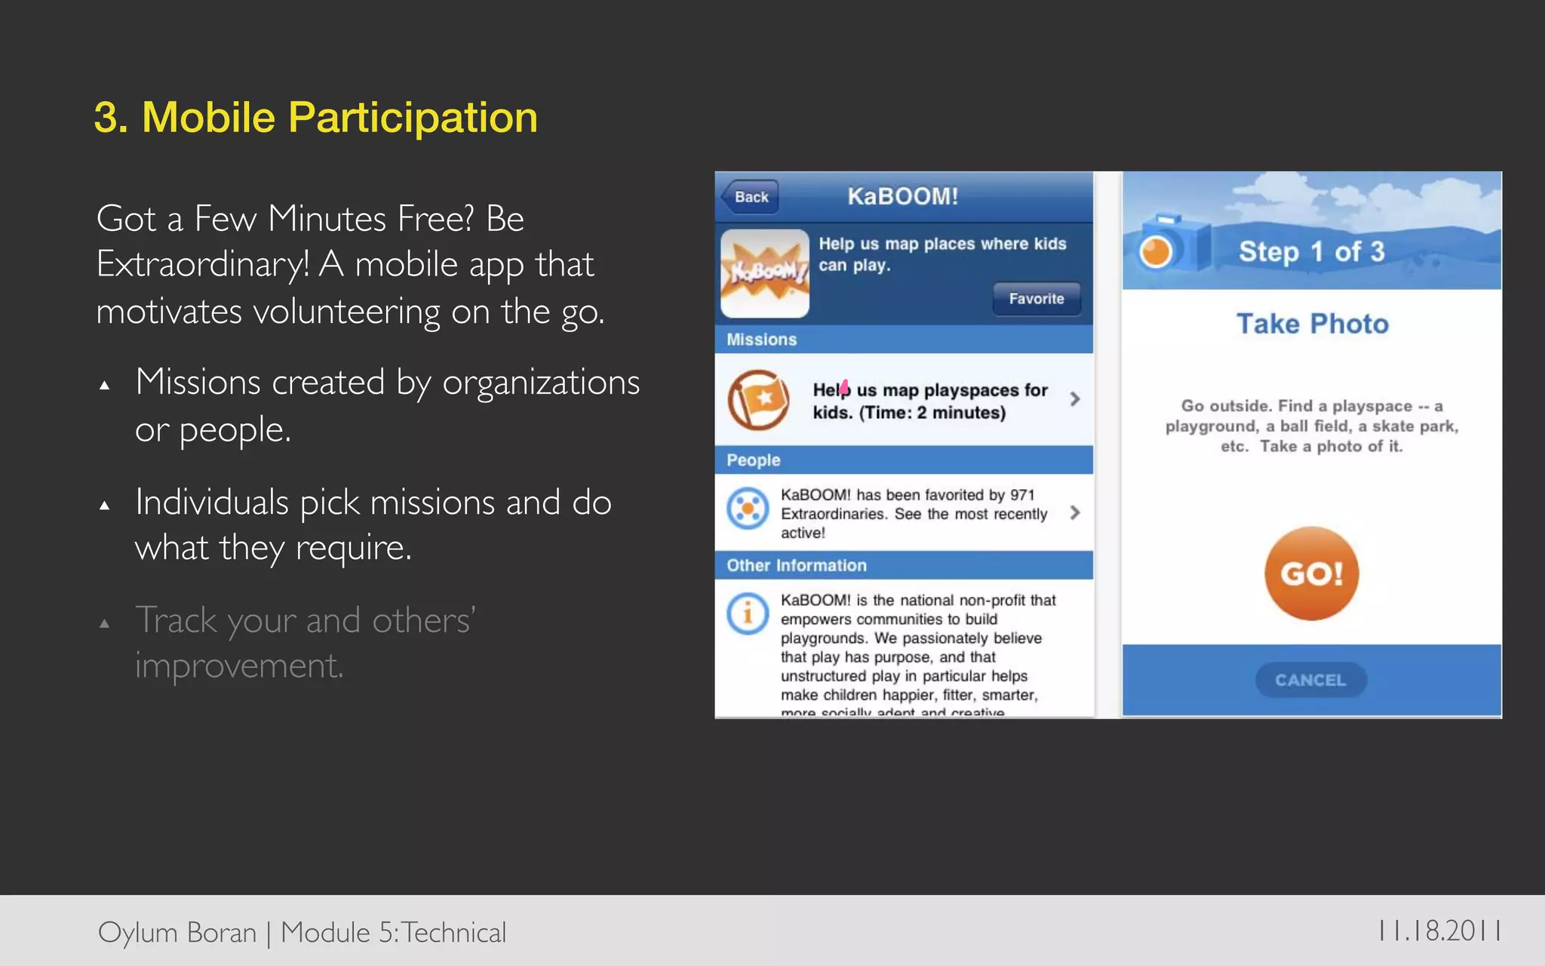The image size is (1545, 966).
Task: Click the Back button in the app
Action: pos(750,197)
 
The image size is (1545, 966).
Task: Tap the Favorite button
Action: pos(1037,299)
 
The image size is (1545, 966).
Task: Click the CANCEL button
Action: pos(1310,680)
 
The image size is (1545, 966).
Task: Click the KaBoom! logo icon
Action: pos(765,273)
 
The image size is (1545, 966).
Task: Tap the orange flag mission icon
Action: pos(758,399)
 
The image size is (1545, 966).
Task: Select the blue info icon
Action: pos(748,613)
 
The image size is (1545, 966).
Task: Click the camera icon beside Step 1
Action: pos(1166,245)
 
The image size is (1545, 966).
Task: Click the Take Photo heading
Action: pos(1312,324)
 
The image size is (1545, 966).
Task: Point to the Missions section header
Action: pos(762,340)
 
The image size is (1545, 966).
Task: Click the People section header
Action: pos(753,460)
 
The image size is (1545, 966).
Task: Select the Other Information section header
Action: pos(797,565)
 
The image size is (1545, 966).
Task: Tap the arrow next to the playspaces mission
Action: pos(1075,398)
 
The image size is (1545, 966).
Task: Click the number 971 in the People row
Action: pos(1022,495)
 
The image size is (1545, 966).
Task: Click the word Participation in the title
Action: pos(413,118)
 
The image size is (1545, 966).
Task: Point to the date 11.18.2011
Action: pos(1439,931)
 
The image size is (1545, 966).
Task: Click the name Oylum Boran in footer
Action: pos(177,933)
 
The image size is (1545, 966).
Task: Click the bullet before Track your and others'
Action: pos(105,624)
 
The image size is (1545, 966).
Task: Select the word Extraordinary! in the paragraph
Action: pos(203,265)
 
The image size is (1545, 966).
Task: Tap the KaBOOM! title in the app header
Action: pos(902,197)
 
